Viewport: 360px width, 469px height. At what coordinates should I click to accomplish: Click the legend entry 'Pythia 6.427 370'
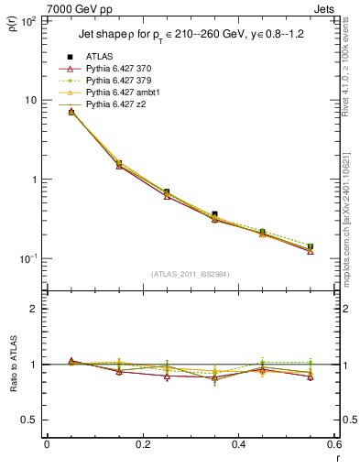pyautogui.click(x=119, y=70)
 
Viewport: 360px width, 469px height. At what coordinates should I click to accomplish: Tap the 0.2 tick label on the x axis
pyautogui.click(x=142, y=444)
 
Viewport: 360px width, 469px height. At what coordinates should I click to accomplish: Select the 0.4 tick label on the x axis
pyautogui.click(x=238, y=444)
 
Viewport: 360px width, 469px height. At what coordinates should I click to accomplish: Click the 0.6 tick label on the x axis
pyautogui.click(x=333, y=444)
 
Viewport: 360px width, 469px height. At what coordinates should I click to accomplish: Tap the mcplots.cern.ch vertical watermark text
pyautogui.click(x=351, y=229)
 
